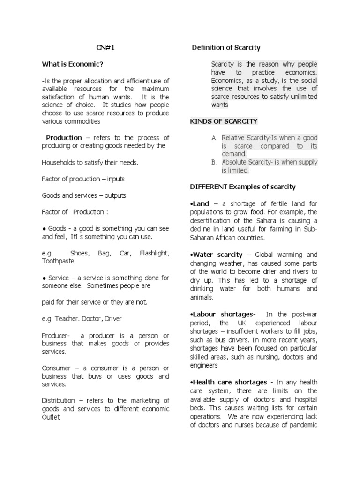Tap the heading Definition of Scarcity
[x=227, y=48]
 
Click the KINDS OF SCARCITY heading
[x=224, y=121]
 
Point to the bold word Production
[x=64, y=137]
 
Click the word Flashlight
[x=154, y=253]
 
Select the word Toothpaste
[x=58, y=261]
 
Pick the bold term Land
[x=199, y=203]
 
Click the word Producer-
[x=56, y=336]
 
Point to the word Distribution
[x=58, y=400]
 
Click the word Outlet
[x=51, y=417]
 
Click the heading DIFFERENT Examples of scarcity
[x=243, y=187]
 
